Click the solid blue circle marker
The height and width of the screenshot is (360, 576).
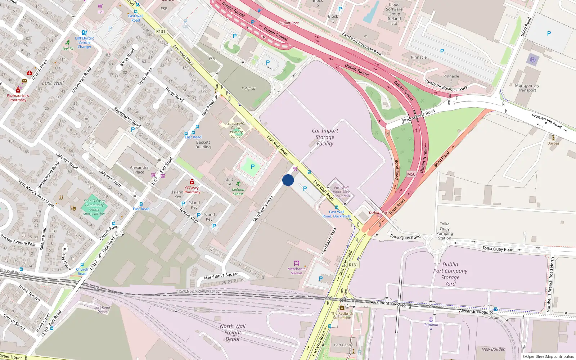tap(288, 180)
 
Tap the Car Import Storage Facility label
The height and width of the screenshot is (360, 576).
tap(325, 137)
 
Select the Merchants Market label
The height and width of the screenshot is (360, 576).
tap(296, 271)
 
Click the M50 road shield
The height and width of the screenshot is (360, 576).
tap(411, 174)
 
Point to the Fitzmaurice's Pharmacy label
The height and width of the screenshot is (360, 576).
tap(18, 98)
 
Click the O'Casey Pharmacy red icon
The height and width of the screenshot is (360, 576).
tap(192, 182)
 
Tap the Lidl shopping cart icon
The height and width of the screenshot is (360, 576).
tap(100, 6)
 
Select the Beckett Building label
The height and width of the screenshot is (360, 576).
tap(203, 145)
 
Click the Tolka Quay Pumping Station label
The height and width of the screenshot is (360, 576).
tap(445, 231)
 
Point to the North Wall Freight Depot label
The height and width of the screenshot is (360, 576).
tap(233, 332)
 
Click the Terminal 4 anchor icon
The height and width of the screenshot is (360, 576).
tap(431, 319)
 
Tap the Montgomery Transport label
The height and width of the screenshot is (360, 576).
tap(527, 88)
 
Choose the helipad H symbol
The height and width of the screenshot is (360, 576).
tap(533, 60)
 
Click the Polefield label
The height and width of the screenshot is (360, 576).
tap(248, 89)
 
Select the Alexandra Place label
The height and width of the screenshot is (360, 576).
tap(139, 170)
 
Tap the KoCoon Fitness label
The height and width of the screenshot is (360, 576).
tap(238, 192)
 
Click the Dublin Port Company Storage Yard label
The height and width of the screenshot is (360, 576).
tap(450, 274)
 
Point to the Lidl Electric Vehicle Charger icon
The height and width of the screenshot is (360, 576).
tap(84, 33)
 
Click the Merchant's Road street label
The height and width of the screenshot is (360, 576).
tap(263, 208)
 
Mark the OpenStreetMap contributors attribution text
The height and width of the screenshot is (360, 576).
tap(548, 356)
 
